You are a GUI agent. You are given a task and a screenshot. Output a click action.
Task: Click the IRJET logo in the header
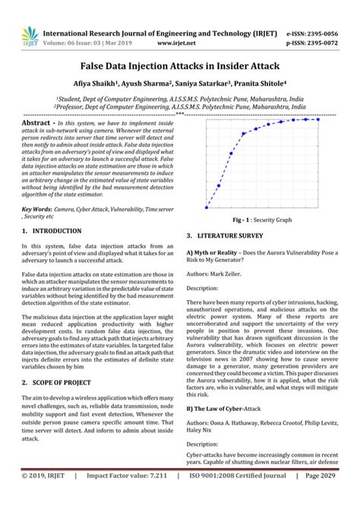point(29,34)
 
